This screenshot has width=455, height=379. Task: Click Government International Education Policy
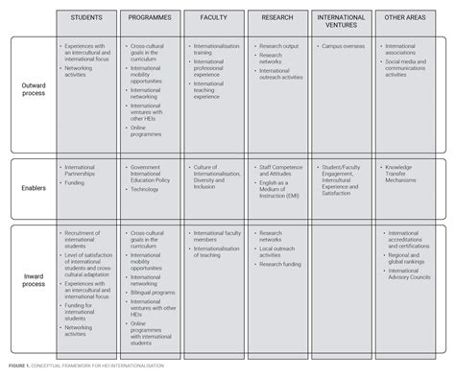[151, 174]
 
